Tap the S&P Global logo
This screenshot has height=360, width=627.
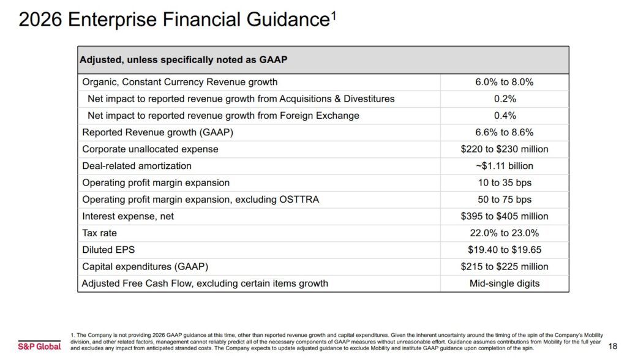pos(39,346)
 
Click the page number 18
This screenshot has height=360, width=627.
pos(613,346)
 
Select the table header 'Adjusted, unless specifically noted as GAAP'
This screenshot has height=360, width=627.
pos(184,60)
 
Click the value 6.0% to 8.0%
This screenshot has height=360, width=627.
pos(504,82)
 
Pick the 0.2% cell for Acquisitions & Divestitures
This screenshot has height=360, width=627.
pos(504,99)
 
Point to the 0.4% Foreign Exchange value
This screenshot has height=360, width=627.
pos(504,116)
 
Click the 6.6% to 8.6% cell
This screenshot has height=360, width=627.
pos(504,132)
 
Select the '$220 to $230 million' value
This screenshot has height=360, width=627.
pos(504,149)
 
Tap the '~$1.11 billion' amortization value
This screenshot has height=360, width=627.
pos(504,166)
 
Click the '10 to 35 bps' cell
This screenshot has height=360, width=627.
pos(504,182)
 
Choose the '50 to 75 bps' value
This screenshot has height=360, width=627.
pos(504,200)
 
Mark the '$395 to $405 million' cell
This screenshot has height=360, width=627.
pos(504,216)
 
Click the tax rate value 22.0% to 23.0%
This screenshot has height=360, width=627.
pos(504,233)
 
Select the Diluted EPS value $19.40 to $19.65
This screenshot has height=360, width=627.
pos(504,250)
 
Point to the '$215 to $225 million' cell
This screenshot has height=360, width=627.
pos(504,266)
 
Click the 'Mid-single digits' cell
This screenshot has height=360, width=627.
pos(504,283)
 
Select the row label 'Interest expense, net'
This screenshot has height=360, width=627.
pos(132,216)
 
